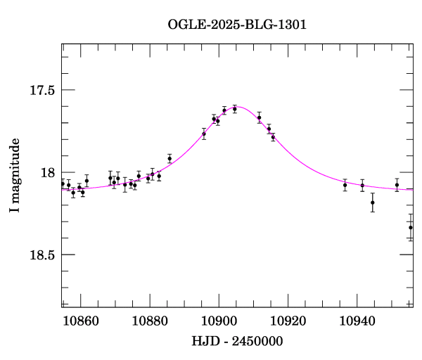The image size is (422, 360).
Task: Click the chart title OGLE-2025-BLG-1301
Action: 237,24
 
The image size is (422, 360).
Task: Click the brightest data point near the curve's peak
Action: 235,108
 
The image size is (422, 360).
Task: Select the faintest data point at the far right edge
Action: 411,227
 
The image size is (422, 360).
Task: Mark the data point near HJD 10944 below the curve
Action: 372,202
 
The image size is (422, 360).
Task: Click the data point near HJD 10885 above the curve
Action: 170,158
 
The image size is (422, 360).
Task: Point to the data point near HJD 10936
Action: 345,185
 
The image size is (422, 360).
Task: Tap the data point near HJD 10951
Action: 397,185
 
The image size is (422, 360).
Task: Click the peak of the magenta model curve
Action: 237,107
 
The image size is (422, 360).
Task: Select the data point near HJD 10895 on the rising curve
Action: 204,133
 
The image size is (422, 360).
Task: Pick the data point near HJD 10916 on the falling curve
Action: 273,137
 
